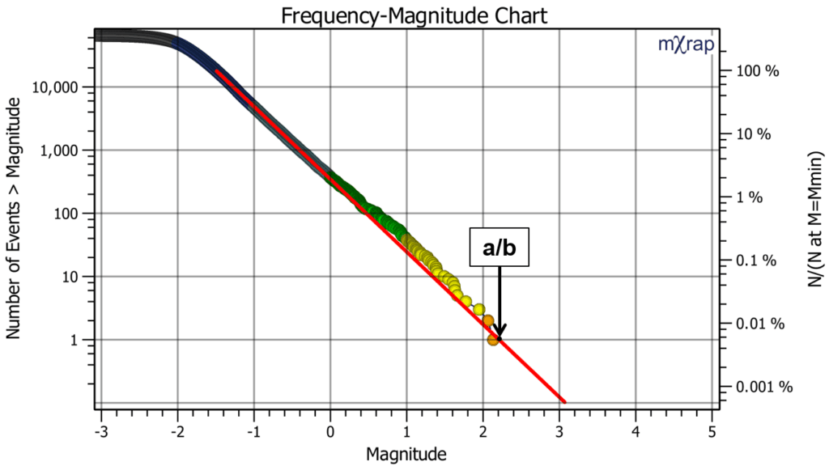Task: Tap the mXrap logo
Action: coord(686,45)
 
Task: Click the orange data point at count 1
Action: coord(493,340)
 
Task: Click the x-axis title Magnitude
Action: coord(406,454)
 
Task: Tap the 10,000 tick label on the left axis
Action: coord(60,87)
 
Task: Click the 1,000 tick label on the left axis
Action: coord(64,150)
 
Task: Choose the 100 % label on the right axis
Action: coord(759,71)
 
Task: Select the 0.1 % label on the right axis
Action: coord(759,261)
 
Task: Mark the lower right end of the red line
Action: coord(564,401)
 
